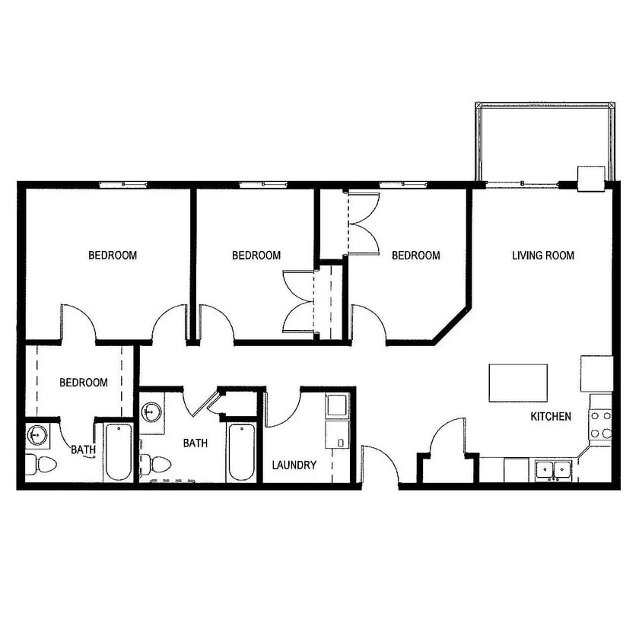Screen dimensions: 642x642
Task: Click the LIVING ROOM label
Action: pyautogui.click(x=542, y=256)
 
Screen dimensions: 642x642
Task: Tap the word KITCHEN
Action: pyautogui.click(x=551, y=417)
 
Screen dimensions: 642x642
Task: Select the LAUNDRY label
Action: pyautogui.click(x=294, y=465)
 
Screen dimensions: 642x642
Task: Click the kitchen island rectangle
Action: pyautogui.click(x=518, y=383)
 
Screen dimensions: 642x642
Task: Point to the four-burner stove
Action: pyautogui.click(x=601, y=424)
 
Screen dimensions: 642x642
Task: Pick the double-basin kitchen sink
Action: pyautogui.click(x=553, y=469)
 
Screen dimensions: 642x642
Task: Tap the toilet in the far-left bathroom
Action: pyautogui.click(x=43, y=463)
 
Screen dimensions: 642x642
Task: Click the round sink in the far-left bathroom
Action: pyautogui.click(x=37, y=437)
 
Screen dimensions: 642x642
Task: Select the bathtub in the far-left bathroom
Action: pyautogui.click(x=118, y=452)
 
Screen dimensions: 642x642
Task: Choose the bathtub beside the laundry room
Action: pyautogui.click(x=242, y=453)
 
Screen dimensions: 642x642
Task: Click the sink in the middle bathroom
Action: pyautogui.click(x=151, y=414)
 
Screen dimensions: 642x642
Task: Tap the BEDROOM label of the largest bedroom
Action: pyautogui.click(x=113, y=256)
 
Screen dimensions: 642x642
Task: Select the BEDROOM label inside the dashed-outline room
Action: pyautogui.click(x=84, y=383)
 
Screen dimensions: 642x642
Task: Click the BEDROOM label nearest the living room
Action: pyautogui.click(x=415, y=256)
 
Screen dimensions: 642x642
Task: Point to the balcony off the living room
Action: pyautogui.click(x=544, y=143)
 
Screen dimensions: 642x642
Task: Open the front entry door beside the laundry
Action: pyautogui.click(x=380, y=466)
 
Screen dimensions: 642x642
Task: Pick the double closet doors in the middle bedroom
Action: pyautogui.click(x=299, y=301)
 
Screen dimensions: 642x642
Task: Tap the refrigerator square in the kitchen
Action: pyautogui.click(x=596, y=373)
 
